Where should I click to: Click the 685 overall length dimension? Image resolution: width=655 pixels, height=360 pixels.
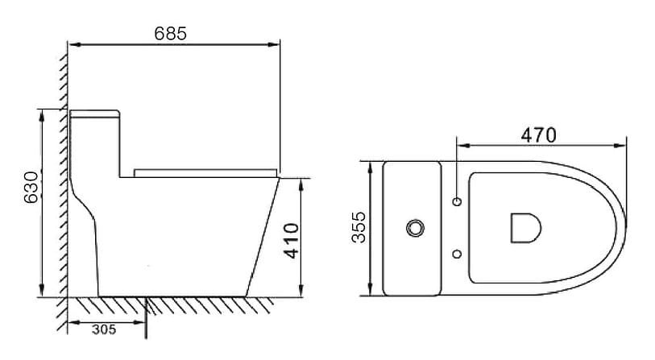(170, 33)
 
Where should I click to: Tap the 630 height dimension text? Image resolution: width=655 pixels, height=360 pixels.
(31, 188)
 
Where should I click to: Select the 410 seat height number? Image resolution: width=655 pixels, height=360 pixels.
(292, 239)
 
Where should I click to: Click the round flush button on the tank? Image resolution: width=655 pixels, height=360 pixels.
(416, 228)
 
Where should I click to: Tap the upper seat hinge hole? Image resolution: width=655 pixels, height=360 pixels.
(458, 201)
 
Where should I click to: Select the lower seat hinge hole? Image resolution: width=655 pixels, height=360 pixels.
(458, 255)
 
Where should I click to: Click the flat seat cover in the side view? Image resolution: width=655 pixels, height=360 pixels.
(205, 172)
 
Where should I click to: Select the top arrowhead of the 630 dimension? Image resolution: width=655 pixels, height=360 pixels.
(40, 114)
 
